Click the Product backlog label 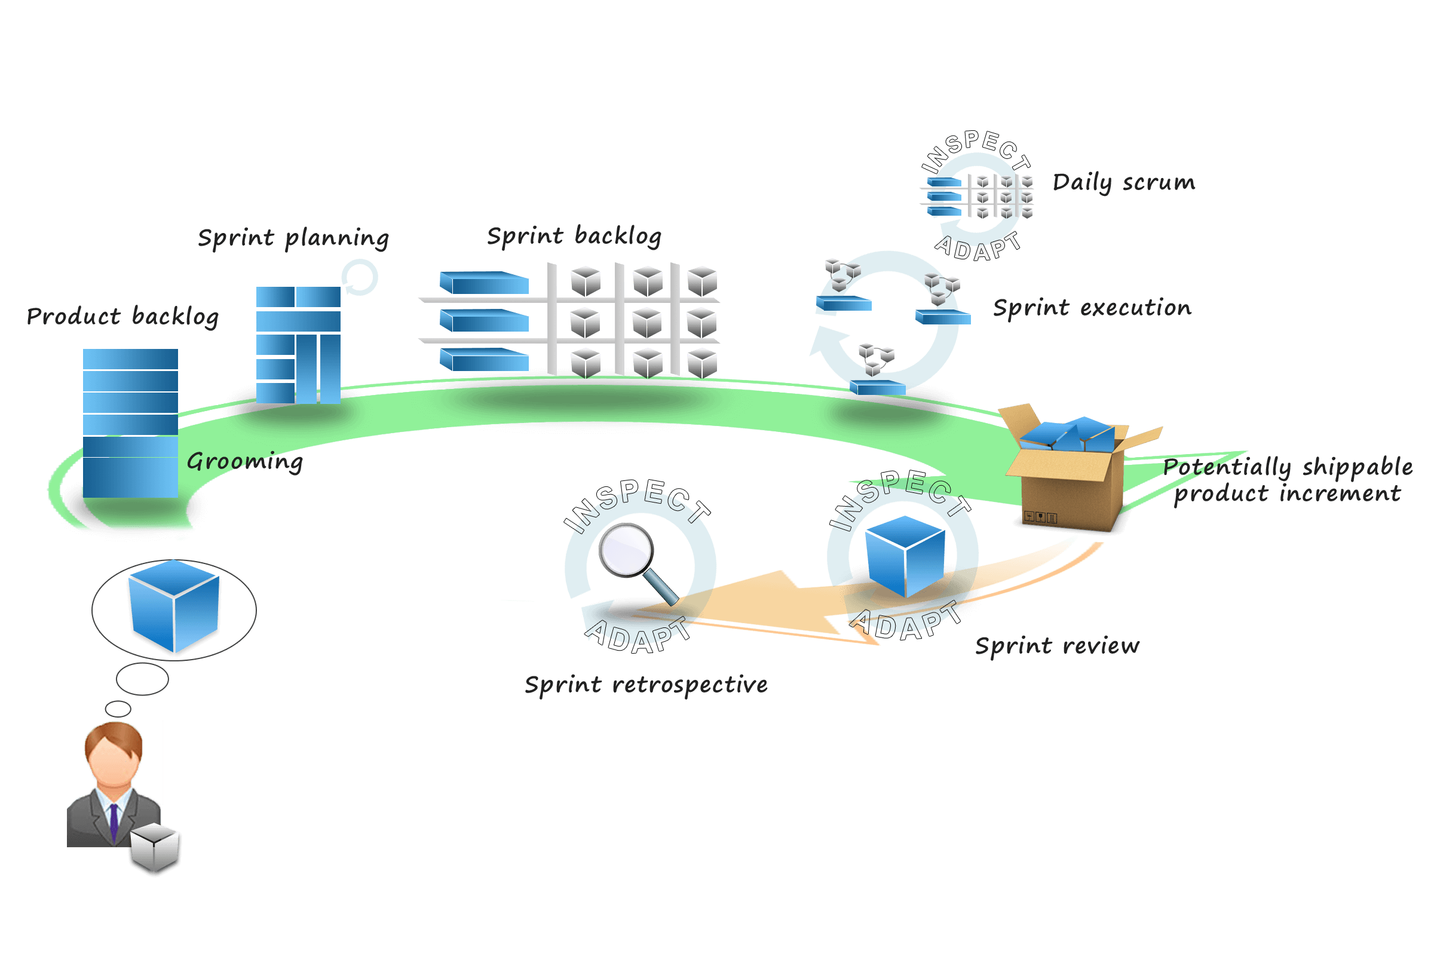pos(122,317)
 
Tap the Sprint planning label pos(293,238)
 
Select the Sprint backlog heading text pos(574,236)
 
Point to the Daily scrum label pos(1124,182)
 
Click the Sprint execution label pos(1092,308)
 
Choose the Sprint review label pos(1056,646)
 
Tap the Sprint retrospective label pos(646,685)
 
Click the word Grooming pos(244,461)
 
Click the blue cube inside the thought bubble pos(174,606)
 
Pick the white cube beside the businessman pos(155,848)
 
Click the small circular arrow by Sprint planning pos(359,277)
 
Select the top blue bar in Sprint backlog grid pos(484,283)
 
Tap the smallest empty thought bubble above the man pos(118,709)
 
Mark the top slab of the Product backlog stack pos(130,358)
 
